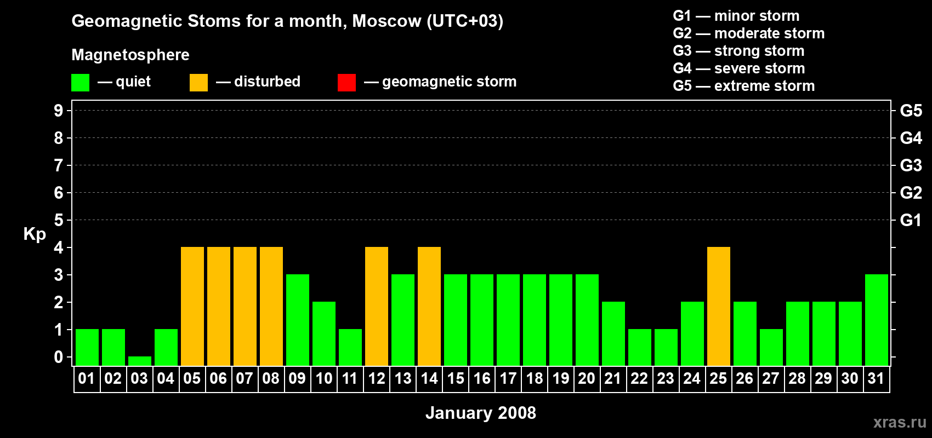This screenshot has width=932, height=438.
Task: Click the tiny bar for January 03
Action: click(x=139, y=361)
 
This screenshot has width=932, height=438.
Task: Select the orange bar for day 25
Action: click(x=719, y=306)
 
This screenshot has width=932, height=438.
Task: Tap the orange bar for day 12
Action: click(x=377, y=306)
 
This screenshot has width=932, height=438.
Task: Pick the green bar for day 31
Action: click(x=876, y=320)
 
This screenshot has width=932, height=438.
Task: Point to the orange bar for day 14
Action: click(x=429, y=306)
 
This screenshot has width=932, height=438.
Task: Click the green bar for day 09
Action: click(x=298, y=320)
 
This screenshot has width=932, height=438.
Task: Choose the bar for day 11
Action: click(x=350, y=348)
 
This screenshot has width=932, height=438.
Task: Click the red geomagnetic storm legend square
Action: click(x=346, y=82)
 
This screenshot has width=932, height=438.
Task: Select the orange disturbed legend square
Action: click(x=198, y=82)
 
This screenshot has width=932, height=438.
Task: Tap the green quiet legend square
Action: click(x=80, y=82)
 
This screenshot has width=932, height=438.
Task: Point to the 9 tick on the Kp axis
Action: click(x=58, y=111)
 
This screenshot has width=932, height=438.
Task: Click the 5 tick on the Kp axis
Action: click(x=58, y=220)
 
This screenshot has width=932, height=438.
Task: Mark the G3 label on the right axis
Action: click(x=911, y=165)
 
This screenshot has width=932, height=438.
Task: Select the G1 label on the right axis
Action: click(x=911, y=220)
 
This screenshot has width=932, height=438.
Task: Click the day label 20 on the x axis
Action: click(x=587, y=378)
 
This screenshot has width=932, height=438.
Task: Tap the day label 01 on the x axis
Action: click(x=87, y=378)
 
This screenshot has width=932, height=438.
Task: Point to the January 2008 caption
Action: click(x=481, y=413)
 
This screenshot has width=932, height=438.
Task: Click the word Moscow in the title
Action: click(x=387, y=21)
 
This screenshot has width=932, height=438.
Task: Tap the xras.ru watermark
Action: click(x=900, y=422)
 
